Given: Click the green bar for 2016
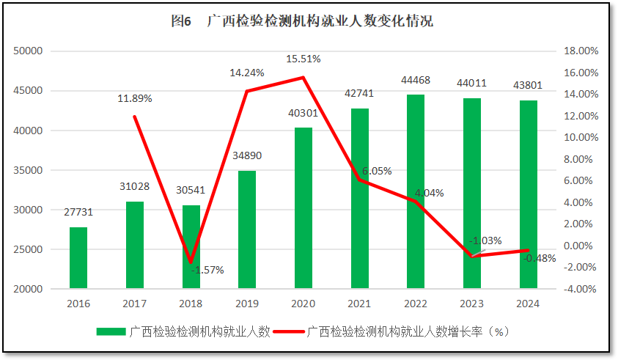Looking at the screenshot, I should [x=78, y=258].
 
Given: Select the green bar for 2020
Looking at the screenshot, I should [x=304, y=208].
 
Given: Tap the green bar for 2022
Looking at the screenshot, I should [x=416, y=191].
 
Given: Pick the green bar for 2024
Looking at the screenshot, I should [x=528, y=194].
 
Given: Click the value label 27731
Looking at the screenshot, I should [x=78, y=212].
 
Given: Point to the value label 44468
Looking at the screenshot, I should [x=416, y=80].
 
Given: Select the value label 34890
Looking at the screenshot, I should [x=247, y=155].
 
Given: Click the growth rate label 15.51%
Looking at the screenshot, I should [x=304, y=59].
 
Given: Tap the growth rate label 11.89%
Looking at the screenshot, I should [x=135, y=99].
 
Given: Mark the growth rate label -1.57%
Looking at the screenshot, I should [x=207, y=270].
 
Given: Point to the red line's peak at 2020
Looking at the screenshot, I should [x=304, y=78].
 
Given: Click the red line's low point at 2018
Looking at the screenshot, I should [x=191, y=262].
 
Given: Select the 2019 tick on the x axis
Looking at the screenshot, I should [x=247, y=304].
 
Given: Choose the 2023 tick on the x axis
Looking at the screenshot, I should [x=471, y=304].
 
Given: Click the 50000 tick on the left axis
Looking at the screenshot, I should [x=30, y=51].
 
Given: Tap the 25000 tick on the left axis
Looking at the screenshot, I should [x=30, y=249].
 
